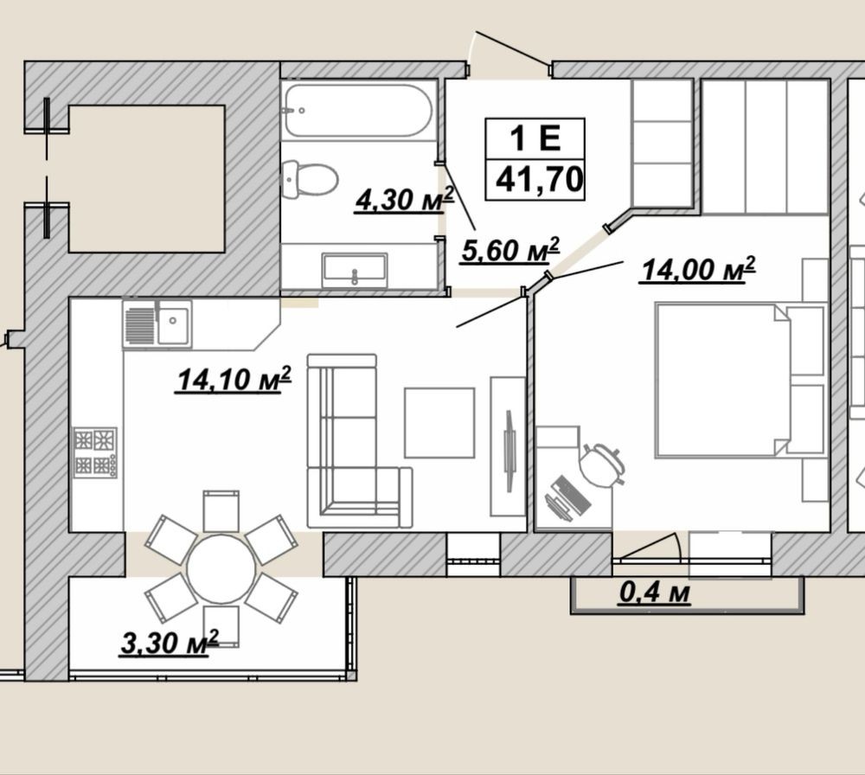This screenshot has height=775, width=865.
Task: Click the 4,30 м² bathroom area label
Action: (404, 199)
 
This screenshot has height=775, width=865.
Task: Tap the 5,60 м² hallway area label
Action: (510, 250)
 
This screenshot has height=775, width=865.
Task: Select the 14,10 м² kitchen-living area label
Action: (234, 379)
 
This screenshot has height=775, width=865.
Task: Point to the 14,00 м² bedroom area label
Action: (697, 269)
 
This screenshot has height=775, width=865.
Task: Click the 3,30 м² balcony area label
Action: (170, 643)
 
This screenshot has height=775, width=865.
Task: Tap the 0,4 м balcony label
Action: (655, 592)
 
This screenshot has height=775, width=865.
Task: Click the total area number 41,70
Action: (540, 179)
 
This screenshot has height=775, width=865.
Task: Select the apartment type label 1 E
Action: (535, 138)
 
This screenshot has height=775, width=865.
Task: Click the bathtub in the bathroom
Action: (358, 110)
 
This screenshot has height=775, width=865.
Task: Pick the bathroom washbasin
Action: (355, 270)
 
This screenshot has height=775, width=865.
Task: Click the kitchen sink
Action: (157, 324)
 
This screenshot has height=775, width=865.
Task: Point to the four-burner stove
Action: (95, 452)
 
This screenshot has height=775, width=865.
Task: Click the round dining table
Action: (221, 568)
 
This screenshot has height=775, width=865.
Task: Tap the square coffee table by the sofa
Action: (439, 423)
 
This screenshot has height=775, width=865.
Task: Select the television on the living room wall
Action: (509, 451)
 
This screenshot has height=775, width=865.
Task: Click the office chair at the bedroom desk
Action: (602, 465)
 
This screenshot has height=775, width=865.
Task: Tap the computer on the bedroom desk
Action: (567, 497)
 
